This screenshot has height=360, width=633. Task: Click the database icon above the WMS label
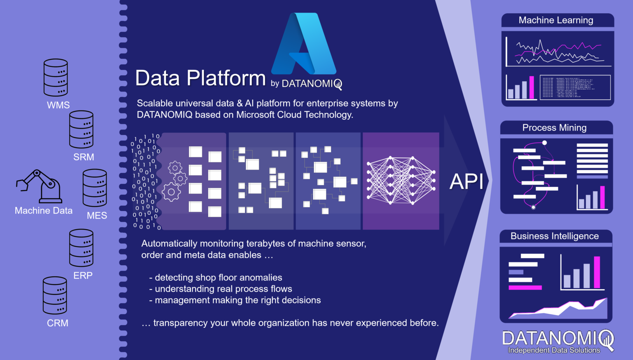point(56,78)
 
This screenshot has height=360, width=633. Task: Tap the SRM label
point(84,157)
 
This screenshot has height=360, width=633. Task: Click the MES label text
point(97,216)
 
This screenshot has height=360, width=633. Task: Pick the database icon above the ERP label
point(81,248)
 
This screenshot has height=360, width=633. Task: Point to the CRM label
point(58,323)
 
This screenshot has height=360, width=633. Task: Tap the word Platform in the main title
point(226,78)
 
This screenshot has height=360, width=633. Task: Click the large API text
point(466,181)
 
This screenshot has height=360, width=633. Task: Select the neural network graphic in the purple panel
point(401,181)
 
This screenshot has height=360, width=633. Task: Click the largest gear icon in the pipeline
point(171,192)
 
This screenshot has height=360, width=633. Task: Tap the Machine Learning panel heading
point(556,20)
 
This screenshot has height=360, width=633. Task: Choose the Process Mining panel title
point(554,128)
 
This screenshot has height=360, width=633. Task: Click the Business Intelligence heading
point(554,236)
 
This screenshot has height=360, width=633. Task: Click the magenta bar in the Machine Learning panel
point(532,87)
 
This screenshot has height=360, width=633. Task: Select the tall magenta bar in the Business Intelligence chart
point(597,272)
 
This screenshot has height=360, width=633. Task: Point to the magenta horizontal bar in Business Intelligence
point(525,287)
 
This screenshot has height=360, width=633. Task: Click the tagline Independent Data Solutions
point(554,351)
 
